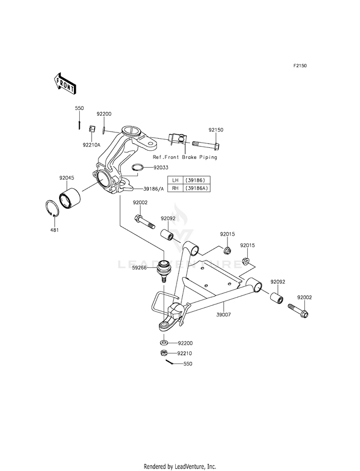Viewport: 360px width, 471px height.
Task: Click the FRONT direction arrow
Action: click(64, 83)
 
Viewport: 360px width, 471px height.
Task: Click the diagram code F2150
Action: click(300, 65)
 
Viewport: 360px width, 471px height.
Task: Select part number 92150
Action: click(216, 130)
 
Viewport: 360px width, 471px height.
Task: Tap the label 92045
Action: click(66, 178)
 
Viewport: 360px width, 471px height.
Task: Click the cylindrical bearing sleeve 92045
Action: click(70, 198)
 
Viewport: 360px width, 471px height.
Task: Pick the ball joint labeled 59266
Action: click(164, 269)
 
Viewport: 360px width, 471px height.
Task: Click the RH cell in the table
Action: click(175, 188)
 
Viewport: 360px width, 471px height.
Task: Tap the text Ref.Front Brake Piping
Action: click(185, 157)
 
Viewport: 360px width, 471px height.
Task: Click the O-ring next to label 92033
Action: click(138, 167)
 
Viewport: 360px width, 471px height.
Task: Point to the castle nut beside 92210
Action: click(164, 352)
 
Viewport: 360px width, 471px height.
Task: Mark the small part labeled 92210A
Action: click(91, 129)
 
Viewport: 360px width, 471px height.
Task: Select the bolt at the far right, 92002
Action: click(299, 311)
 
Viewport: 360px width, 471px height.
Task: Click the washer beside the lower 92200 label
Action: click(164, 342)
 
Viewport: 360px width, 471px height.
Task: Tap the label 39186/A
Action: click(154, 189)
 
